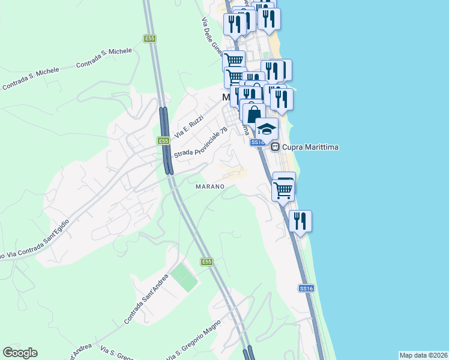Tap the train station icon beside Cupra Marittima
click(275, 146)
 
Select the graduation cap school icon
click(267, 128)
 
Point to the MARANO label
click(210, 187)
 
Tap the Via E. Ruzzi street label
click(189, 125)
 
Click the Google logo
click(20, 353)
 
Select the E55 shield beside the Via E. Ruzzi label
click(163, 140)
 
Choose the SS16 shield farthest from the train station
click(306, 289)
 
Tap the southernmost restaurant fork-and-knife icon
click(300, 221)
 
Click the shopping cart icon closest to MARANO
click(282, 191)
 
